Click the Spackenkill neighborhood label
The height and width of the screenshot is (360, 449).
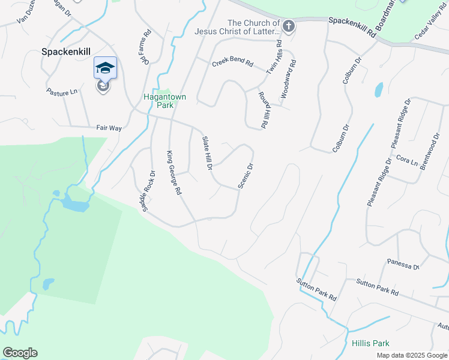tap(66, 52)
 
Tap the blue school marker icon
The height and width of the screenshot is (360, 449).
tap(105, 68)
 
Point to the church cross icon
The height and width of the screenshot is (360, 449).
tap(289, 26)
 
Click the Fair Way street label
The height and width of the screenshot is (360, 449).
tap(109, 128)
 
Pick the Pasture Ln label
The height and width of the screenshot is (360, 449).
tap(62, 91)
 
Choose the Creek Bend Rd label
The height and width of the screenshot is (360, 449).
tap(232, 64)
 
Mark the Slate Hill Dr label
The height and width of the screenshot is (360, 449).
tap(206, 152)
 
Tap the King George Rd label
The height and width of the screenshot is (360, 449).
tap(173, 173)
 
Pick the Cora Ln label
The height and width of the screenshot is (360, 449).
tap(406, 161)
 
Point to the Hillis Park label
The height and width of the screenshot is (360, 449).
tap(370, 343)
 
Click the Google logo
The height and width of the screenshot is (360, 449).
tap(20, 353)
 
